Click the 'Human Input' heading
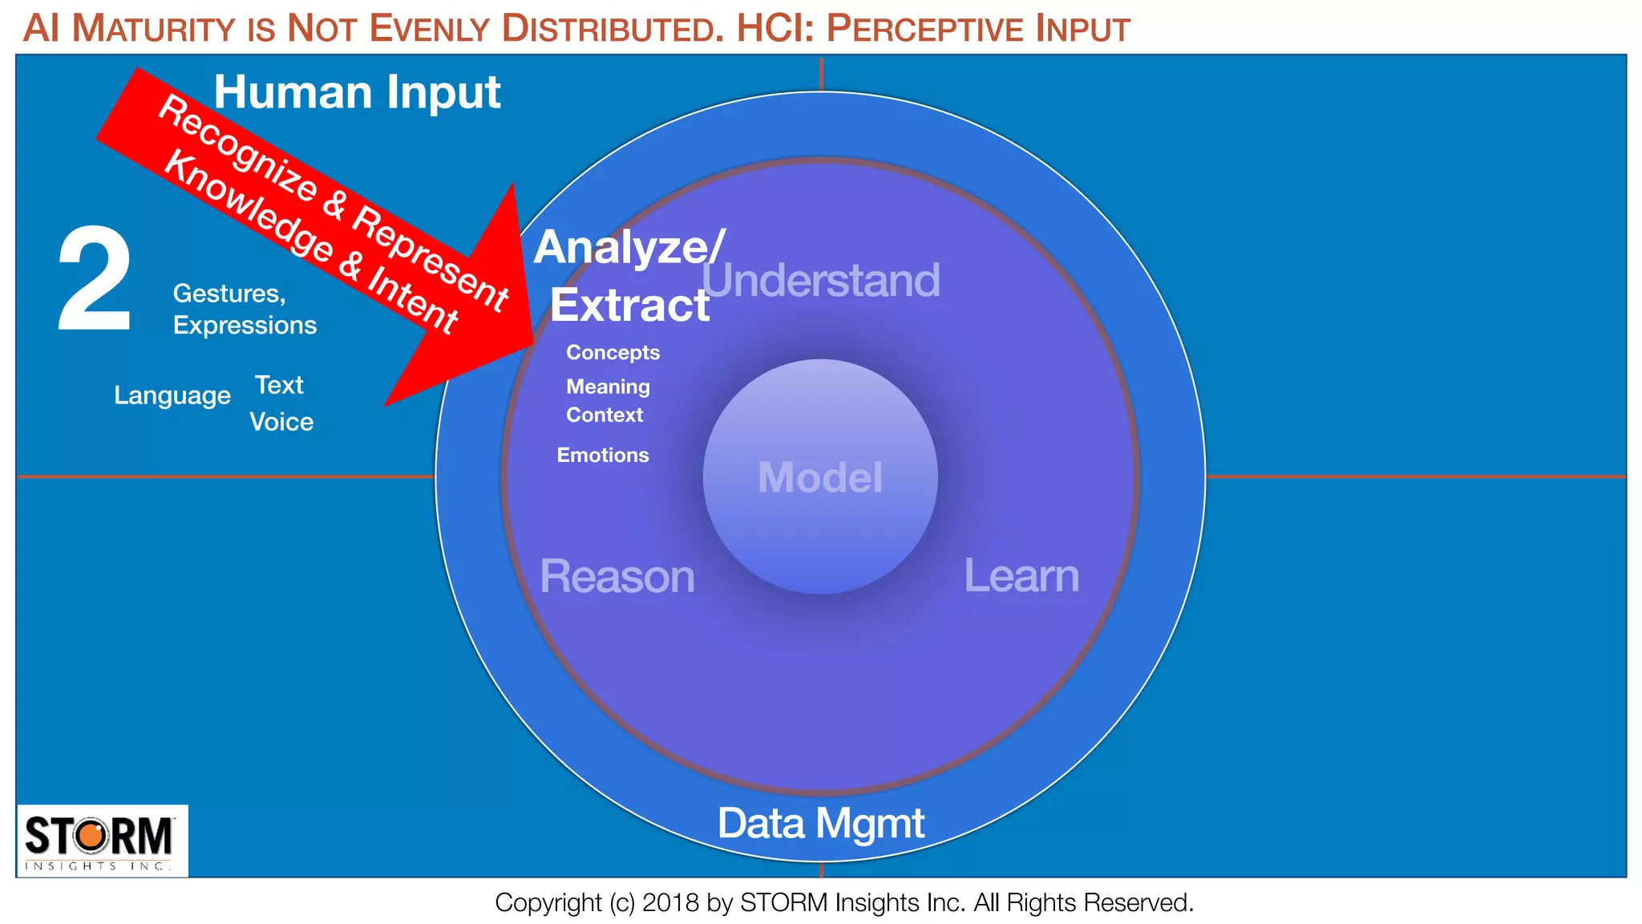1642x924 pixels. pos(357,92)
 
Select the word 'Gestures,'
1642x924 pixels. pos(229,294)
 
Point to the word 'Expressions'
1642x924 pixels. pos(245,326)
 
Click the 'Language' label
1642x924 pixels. pos(172,395)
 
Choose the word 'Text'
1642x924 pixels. pos(279,385)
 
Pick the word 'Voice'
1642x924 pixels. pos(281,422)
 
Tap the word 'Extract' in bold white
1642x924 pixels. pos(629,306)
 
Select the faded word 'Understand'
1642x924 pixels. pos(820,281)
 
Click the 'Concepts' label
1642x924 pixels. pos(613,353)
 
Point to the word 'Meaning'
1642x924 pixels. pos(608,387)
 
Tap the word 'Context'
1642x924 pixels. pos(605,415)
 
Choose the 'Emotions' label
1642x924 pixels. pos(603,456)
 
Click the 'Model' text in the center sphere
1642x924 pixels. pos(820,477)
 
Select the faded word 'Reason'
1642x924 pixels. pos(617,577)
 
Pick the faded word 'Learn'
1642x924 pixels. pos(1021,576)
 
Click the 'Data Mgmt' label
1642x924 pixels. pos(820,823)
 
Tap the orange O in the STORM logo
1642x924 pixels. pos(92,836)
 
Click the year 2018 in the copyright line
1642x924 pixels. pos(671,903)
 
